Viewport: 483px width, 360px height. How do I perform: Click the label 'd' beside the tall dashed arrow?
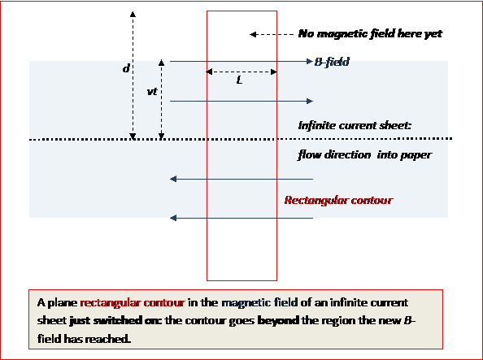click(126, 68)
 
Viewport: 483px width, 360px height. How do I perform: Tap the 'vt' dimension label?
click(152, 92)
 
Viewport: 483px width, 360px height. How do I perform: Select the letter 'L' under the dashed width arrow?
click(240, 80)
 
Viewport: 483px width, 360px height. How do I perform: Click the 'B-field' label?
click(332, 63)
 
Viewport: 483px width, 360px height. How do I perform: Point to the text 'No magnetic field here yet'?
click(370, 33)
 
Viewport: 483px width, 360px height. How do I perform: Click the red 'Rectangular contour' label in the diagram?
click(338, 201)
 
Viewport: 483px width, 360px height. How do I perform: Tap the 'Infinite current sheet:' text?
click(355, 126)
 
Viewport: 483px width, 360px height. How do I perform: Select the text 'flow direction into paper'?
click(365, 154)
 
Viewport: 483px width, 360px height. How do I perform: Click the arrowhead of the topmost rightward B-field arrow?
click(310, 62)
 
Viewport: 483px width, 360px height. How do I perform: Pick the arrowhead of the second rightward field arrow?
click(310, 101)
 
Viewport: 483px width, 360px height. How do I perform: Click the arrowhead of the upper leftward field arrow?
click(173, 179)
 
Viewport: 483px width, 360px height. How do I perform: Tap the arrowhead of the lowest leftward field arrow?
click(173, 218)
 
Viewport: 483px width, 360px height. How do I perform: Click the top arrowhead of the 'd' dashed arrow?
click(133, 14)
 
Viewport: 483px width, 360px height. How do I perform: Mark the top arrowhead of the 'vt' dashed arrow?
click(162, 63)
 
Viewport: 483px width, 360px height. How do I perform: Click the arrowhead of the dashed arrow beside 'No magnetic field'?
click(253, 34)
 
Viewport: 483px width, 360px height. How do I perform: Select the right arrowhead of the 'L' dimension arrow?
click(273, 72)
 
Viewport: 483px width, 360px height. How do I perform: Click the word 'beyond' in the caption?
click(278, 321)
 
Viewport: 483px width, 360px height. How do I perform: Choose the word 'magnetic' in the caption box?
click(243, 303)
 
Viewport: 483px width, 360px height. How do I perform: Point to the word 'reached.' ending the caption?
click(108, 339)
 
